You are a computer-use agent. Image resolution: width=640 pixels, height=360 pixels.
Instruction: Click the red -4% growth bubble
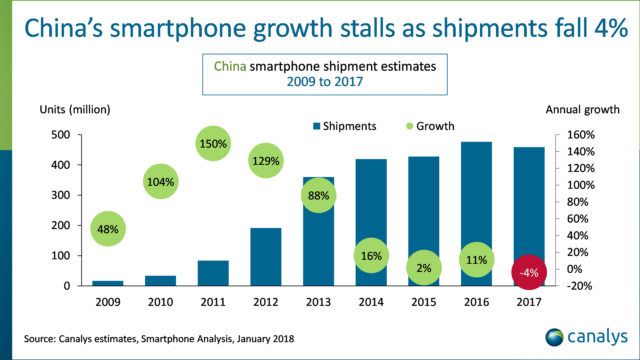coord(529,272)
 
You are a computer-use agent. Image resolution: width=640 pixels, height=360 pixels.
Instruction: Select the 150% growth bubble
coord(213,144)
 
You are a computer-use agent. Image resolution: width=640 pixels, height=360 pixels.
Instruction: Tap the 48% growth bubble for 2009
coord(108,229)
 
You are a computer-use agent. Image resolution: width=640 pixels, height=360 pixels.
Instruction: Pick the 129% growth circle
coord(266,161)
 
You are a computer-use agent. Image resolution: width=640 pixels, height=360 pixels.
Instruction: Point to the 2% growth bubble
coord(424,268)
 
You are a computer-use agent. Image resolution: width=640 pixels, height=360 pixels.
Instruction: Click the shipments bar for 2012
coord(266,257)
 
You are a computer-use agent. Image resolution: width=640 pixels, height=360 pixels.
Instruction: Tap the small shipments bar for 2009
coord(108,283)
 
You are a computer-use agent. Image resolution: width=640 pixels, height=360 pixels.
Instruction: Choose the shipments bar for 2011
coord(213,273)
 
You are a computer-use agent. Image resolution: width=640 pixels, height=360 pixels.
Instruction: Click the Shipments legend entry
coord(345,126)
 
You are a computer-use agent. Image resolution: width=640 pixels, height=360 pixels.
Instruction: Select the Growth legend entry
coord(430,126)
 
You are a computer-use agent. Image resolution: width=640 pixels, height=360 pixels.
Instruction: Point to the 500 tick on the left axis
coord(61,135)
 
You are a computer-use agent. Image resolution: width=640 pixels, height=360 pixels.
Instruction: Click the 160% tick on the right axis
coord(581,135)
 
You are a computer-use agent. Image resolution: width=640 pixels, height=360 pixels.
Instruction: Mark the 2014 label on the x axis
coord(371,302)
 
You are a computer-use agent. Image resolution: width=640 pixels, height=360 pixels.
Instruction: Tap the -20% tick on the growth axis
coord(579,286)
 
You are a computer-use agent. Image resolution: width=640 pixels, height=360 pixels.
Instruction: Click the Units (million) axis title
coord(75,110)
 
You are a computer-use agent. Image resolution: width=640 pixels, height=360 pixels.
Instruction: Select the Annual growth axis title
coord(582,110)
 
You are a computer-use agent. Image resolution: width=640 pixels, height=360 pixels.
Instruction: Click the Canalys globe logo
coord(554,337)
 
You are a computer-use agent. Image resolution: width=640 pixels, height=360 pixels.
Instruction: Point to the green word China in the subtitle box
coord(230,66)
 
